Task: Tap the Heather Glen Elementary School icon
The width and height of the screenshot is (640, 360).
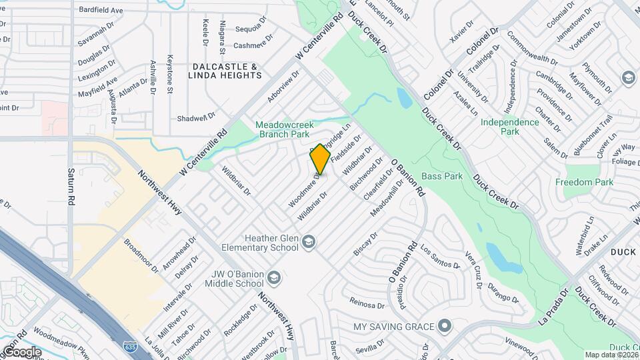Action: (309, 241)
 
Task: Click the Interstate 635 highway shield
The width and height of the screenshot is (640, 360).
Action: (131, 346)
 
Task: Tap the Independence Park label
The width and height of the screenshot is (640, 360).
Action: (509, 127)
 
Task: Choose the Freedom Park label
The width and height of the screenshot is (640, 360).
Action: (584, 182)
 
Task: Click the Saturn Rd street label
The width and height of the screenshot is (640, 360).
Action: (70, 185)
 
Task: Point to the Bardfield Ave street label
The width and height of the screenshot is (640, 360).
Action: (101, 11)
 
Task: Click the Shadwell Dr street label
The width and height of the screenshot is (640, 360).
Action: (196, 117)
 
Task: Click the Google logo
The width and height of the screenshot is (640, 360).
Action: (21, 351)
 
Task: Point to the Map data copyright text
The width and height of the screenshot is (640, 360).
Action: (610, 355)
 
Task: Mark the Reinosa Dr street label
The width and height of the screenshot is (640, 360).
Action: (367, 304)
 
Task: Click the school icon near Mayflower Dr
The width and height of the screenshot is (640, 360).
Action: (627, 78)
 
